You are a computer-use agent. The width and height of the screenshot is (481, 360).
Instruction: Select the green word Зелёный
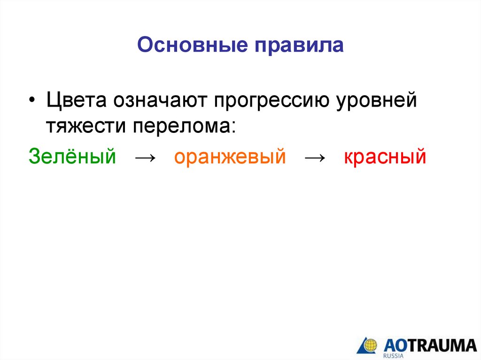[72, 156]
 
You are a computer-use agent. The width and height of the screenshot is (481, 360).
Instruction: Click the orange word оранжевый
[230, 156]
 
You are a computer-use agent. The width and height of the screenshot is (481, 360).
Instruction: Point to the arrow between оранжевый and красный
[315, 158]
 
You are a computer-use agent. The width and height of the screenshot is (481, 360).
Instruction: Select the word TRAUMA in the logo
[444, 344]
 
